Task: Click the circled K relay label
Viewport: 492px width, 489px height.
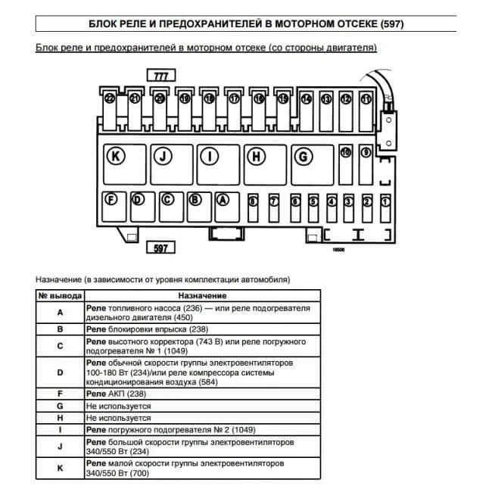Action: pos(115,157)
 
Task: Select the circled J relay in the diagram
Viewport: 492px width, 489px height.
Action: pos(163,157)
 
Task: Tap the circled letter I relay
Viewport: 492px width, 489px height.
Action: pos(210,157)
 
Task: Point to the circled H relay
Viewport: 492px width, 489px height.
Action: pos(257,157)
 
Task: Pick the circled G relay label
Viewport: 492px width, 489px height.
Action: pos(304,157)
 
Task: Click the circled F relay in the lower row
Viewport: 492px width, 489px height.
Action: pos(111,200)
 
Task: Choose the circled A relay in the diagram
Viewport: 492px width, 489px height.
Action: pos(223,200)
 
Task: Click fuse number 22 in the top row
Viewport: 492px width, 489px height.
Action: pos(111,98)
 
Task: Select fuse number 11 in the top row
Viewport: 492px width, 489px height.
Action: pos(366,98)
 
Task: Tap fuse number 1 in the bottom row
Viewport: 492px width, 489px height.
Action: pos(385,201)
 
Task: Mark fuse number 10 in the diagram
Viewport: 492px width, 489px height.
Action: pos(347,152)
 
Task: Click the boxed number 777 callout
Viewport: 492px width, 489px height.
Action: pos(161,76)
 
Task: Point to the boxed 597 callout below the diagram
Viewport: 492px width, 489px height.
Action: pos(160,248)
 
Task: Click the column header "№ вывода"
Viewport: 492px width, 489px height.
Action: pos(60,295)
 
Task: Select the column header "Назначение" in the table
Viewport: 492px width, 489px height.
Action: pos(202,295)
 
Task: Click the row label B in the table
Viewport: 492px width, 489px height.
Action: pos(60,329)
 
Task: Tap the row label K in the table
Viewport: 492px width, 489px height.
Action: pos(60,468)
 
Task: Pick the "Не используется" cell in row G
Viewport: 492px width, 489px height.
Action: pos(119,406)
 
